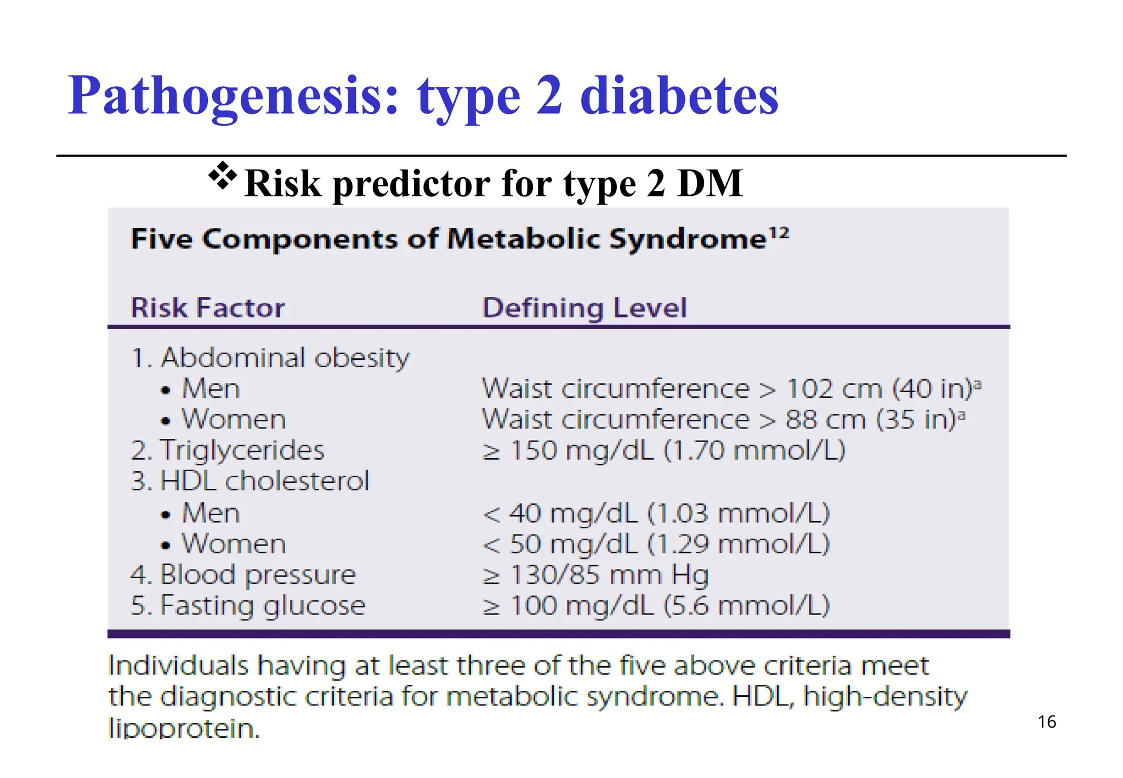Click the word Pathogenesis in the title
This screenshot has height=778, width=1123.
(x=233, y=97)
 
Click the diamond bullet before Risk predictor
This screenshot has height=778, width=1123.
(x=222, y=176)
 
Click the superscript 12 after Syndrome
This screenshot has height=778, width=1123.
(x=779, y=233)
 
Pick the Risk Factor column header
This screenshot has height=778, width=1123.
(x=208, y=307)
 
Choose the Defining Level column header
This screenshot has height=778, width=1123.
(x=584, y=307)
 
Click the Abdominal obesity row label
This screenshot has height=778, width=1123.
(x=270, y=358)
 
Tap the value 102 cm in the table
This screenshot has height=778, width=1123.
(x=834, y=389)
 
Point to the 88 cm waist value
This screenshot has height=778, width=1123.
(x=825, y=420)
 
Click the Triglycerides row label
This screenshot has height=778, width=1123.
(x=228, y=450)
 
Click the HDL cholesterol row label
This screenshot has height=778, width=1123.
(x=250, y=481)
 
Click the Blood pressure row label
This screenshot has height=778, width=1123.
(x=243, y=575)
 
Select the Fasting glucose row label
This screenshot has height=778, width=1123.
(x=248, y=606)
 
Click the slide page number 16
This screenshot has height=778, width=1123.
(x=1046, y=722)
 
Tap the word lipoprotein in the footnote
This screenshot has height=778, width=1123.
(x=184, y=729)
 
